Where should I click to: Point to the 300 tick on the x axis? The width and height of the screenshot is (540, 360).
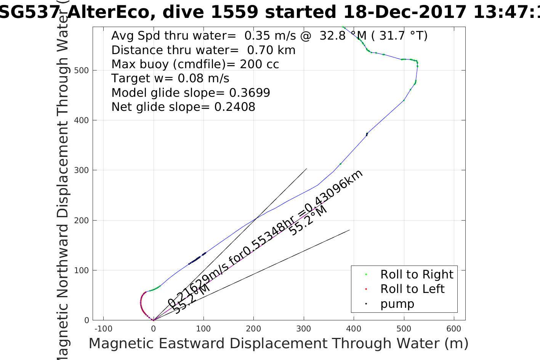pos(304,328)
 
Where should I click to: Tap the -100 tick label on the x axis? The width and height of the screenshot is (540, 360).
pos(103,328)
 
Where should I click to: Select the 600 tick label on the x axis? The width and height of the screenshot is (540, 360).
pos(454,328)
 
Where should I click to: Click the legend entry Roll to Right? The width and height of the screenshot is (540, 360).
pos(417,274)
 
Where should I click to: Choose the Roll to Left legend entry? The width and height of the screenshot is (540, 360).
pos(412,289)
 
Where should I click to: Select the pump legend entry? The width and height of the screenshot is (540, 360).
pos(397,304)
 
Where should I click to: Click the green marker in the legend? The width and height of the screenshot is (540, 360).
pos(366,274)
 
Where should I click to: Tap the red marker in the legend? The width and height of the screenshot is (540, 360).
pos(366,289)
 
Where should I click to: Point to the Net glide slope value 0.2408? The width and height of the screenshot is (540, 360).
pos(235,107)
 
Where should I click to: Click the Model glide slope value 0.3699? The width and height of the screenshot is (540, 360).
pos(250,93)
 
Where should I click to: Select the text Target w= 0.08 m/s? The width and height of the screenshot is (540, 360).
pos(170,78)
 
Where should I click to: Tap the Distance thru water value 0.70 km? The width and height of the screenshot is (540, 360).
pos(271,50)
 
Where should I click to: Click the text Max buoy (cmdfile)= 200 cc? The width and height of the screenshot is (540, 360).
pos(195,64)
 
